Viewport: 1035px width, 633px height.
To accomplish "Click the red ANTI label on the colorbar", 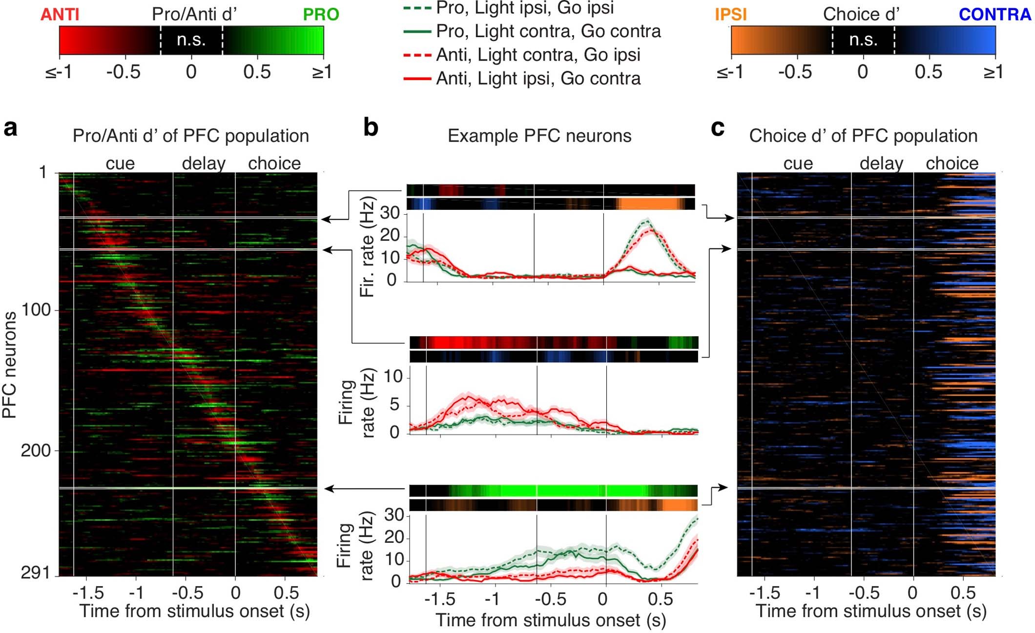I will pyautogui.click(x=60, y=14).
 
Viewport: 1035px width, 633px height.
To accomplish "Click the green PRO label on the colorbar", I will pyautogui.click(x=321, y=14).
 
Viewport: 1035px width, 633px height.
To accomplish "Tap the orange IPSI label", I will pyautogui.click(x=730, y=14).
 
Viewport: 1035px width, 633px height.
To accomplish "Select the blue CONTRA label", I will pyautogui.click(x=994, y=14).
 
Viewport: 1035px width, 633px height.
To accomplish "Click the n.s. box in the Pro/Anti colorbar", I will pyautogui.click(x=191, y=40).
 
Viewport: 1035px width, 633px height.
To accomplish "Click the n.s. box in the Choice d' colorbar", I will pyautogui.click(x=863, y=40).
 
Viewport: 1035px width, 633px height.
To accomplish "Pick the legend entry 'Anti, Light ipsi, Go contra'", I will pyautogui.click(x=538, y=78).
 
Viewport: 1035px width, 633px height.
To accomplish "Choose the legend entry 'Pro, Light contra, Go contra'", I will pyautogui.click(x=548, y=31).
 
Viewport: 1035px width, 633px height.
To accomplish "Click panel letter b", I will pyautogui.click(x=371, y=128).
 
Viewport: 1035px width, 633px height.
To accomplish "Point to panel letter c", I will pyautogui.click(x=718, y=128).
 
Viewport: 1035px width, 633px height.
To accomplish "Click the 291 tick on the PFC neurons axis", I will pyautogui.click(x=36, y=572).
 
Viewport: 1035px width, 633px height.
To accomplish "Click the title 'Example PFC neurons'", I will pyautogui.click(x=539, y=136).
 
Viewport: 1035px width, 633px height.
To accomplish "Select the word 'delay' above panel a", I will pyautogui.click(x=204, y=163).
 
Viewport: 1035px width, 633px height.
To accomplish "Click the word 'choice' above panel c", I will pyautogui.click(x=952, y=163).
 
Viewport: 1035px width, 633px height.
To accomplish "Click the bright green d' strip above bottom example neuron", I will pyautogui.click(x=553, y=490).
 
